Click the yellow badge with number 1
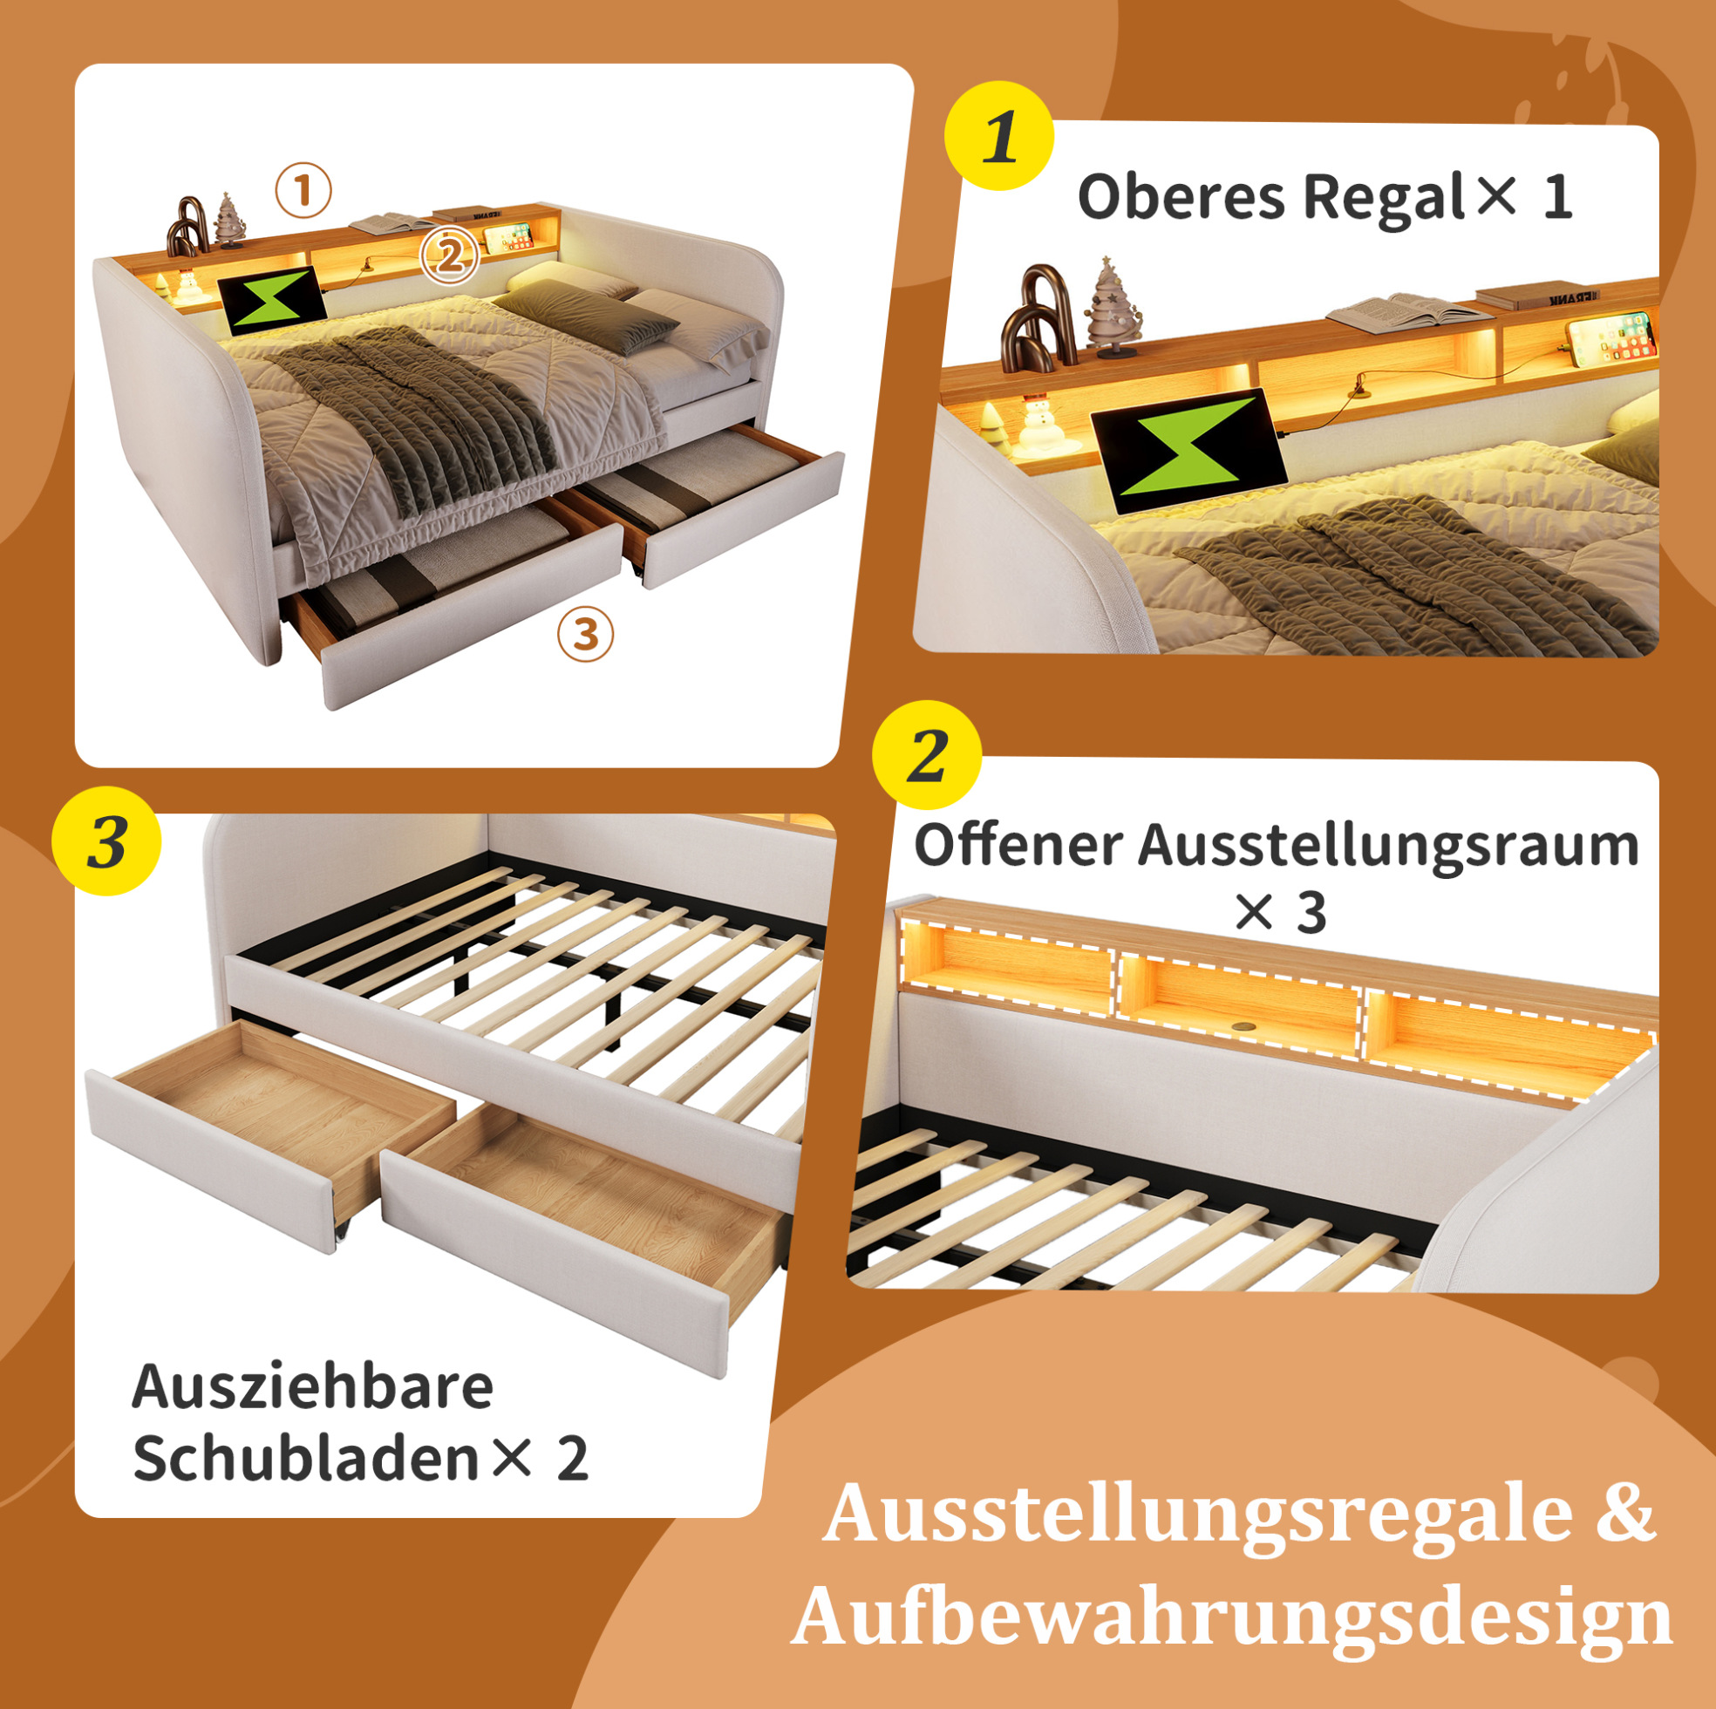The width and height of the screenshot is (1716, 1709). point(999,136)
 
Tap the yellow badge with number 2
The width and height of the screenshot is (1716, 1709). point(927,755)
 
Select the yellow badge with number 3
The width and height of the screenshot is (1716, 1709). point(106,841)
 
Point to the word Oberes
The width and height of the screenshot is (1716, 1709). point(1181,196)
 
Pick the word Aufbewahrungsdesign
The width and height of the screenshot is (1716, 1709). point(1233,1617)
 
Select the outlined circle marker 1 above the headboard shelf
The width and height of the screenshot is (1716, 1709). point(303,191)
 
